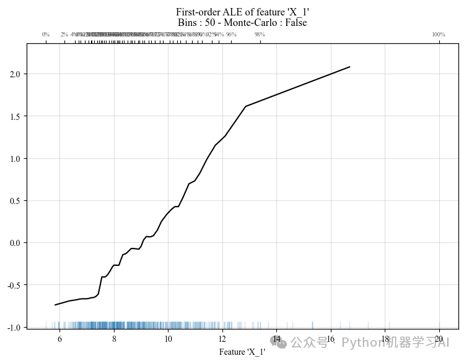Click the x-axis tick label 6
pyautogui.click(x=59, y=339)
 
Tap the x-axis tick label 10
pyautogui.click(x=168, y=339)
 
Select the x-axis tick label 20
pyautogui.click(x=439, y=339)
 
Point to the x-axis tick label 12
pyautogui.click(x=222, y=339)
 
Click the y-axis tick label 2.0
pyautogui.click(x=15, y=74)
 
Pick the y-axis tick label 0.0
pyautogui.click(x=15, y=243)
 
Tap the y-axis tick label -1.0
pyautogui.click(x=14, y=327)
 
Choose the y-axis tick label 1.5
pyautogui.click(x=15, y=117)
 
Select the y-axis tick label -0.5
pyautogui.click(x=14, y=285)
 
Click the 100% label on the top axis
pyautogui.click(x=439, y=35)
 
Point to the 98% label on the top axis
pyautogui.click(x=260, y=35)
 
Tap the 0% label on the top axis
pyautogui.click(x=46, y=35)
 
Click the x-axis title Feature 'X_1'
pyautogui.click(x=242, y=352)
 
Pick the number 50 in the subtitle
pyautogui.click(x=208, y=23)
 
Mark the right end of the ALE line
pyautogui.click(x=350, y=67)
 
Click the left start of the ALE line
pyautogui.click(x=55, y=305)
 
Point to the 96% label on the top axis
pyautogui.click(x=231, y=35)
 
